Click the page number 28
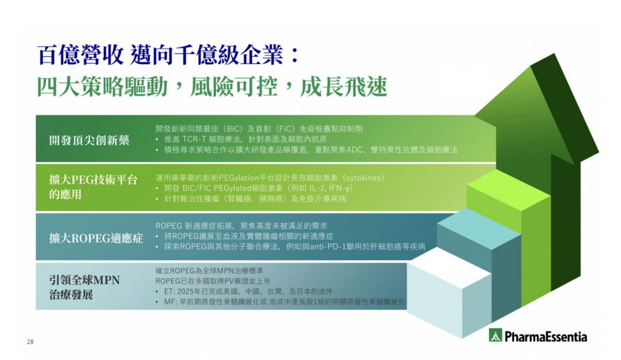(30, 342)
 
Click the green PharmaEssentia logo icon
(495, 335)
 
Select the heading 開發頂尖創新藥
(89, 140)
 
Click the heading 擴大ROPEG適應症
(96, 238)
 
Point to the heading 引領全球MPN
(84, 280)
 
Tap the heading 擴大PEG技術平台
(94, 180)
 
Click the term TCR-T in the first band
(194, 139)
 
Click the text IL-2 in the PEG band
(317, 188)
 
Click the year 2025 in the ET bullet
(185, 291)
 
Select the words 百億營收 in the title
(81, 55)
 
